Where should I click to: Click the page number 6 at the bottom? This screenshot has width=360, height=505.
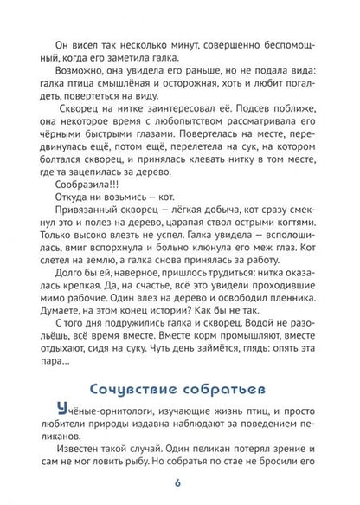click(x=179, y=481)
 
